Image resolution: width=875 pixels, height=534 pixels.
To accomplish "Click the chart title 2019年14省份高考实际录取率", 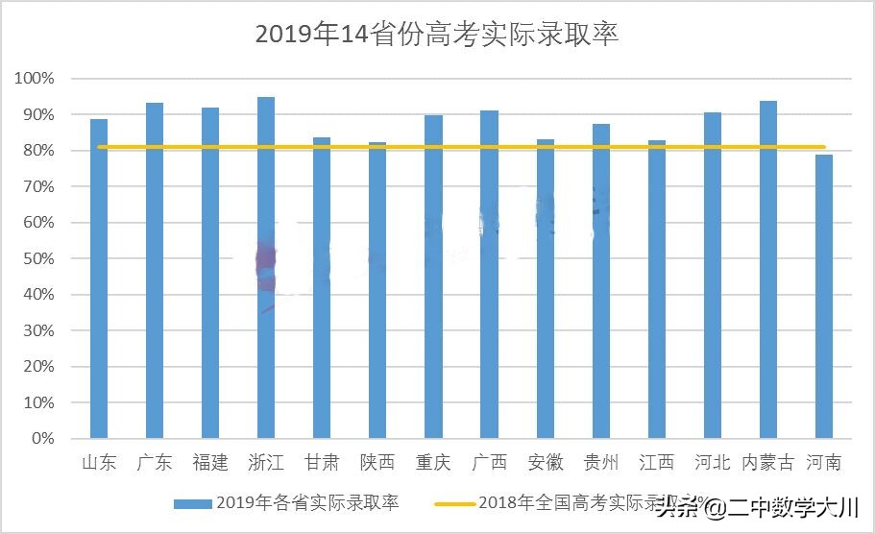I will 437,35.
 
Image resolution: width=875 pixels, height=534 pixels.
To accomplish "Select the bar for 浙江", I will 266,269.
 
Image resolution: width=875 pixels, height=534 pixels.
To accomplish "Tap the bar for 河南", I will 823,298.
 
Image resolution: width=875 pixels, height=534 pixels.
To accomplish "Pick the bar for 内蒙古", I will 767,269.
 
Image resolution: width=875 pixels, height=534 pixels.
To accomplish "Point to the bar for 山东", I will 99,279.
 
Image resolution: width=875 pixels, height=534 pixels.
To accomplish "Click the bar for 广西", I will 489,274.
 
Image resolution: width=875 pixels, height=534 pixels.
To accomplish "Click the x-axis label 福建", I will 210,463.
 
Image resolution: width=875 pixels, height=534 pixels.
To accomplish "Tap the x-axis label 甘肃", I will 322,463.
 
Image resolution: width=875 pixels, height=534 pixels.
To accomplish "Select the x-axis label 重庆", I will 433,463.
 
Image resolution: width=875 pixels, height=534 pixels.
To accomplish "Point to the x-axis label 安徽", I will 545,463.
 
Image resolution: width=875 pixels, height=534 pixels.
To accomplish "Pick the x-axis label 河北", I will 712,463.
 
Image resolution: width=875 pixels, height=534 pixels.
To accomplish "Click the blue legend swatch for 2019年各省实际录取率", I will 192,502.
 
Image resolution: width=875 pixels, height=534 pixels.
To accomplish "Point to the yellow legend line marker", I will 454,502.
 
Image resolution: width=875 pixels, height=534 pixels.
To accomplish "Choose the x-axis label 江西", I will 656,463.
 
